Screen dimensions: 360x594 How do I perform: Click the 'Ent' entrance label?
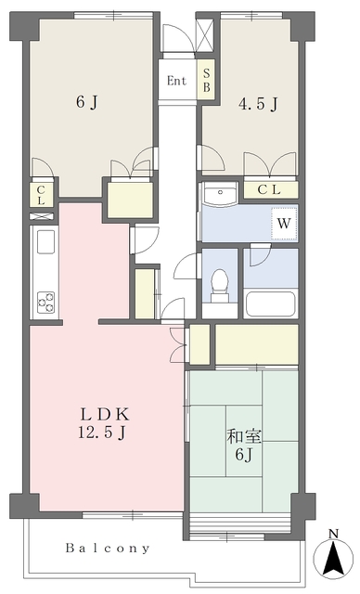177,81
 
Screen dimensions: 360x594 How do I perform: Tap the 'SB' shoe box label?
206,81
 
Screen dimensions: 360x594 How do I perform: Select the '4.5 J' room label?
259,103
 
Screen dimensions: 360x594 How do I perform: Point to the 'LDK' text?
105,415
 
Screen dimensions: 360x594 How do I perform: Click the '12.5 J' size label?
102,432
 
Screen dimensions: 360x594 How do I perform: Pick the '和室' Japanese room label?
244,437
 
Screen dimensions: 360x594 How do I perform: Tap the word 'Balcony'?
108,548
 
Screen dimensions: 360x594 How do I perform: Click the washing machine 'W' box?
284,224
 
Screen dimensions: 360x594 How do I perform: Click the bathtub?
270,304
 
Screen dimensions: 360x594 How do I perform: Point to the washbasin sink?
220,194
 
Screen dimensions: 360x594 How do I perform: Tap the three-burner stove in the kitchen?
45,302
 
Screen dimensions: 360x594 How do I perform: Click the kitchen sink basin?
45,241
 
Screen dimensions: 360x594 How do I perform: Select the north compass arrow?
333,557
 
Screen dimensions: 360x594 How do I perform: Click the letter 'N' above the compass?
333,535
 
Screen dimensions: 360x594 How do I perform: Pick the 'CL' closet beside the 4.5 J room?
270,190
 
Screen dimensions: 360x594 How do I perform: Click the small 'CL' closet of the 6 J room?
41,195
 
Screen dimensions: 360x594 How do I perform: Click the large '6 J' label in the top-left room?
87,102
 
